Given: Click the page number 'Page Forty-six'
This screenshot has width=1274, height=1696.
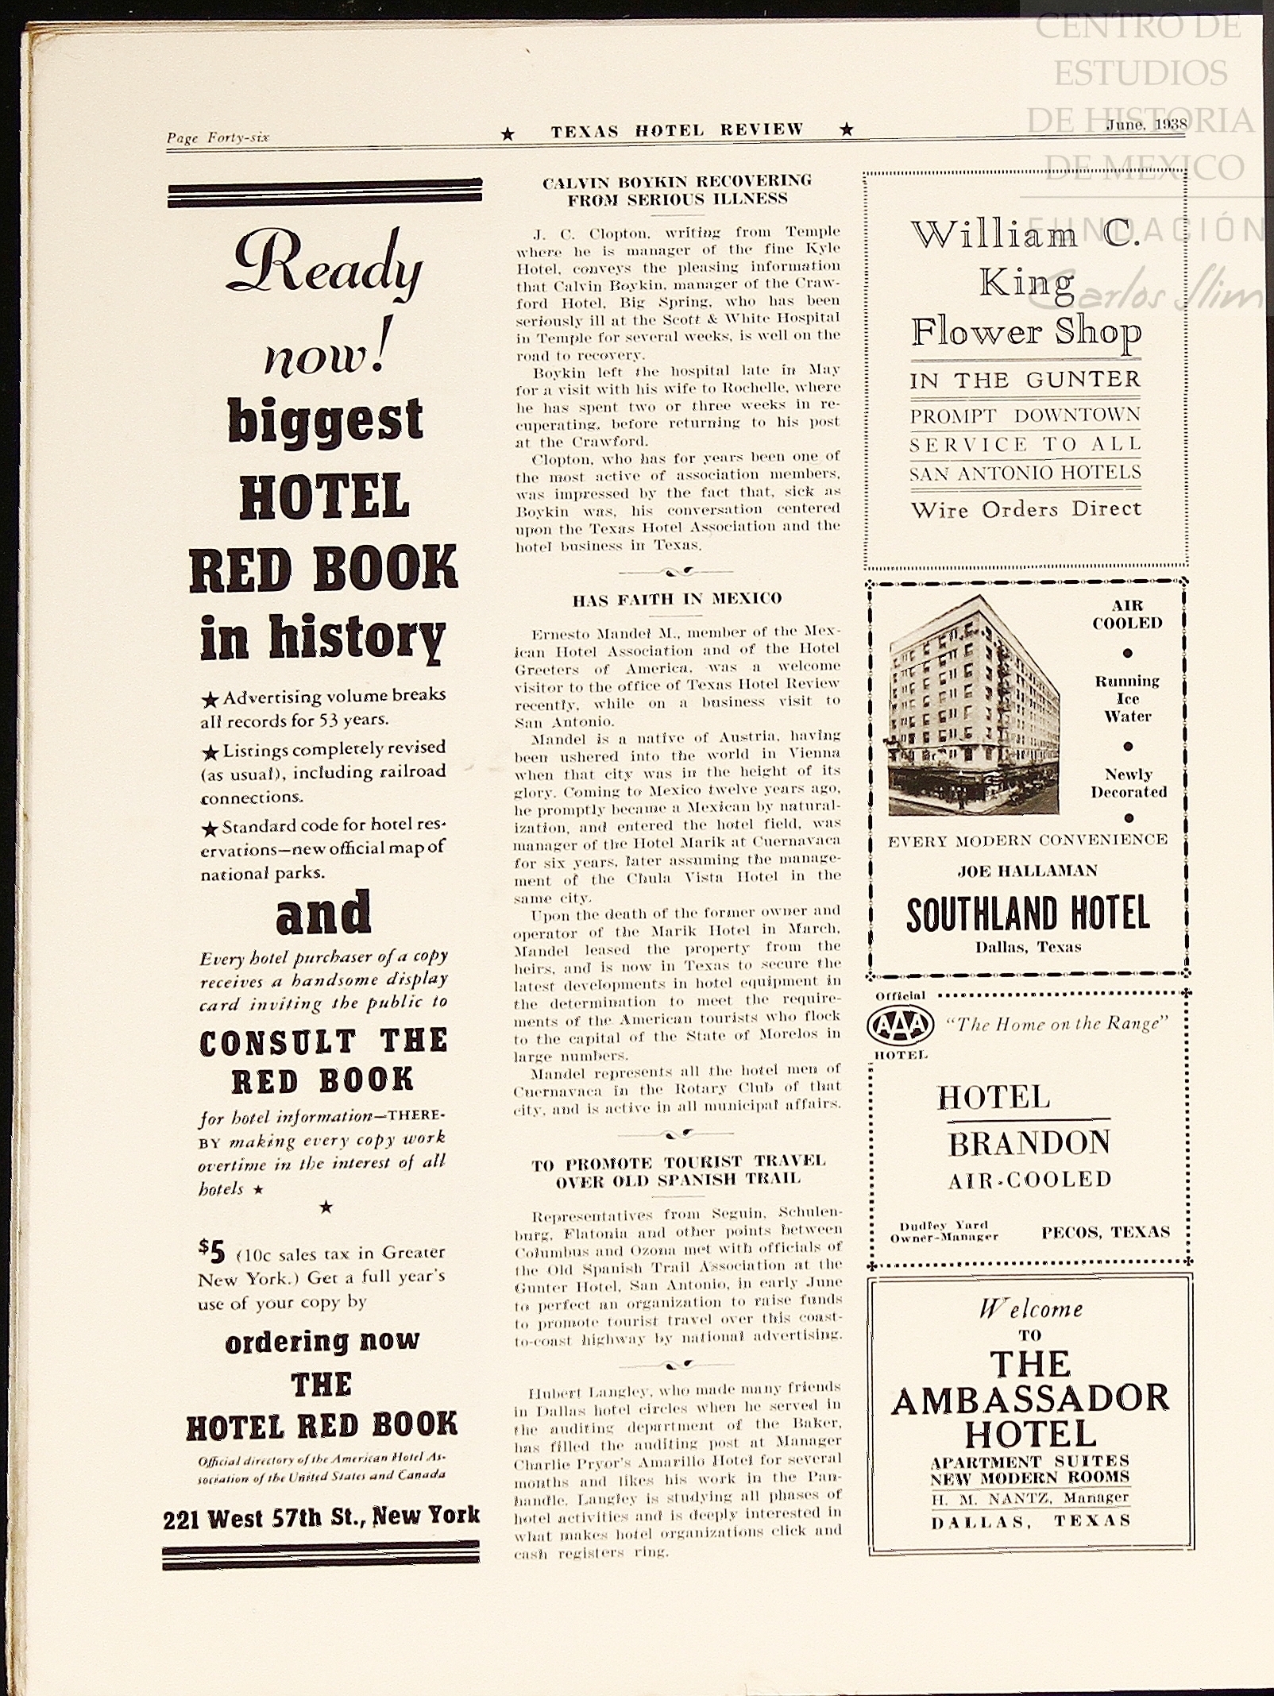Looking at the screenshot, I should click(218, 137).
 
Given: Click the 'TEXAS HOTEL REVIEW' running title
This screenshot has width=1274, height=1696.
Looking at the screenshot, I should click(677, 131).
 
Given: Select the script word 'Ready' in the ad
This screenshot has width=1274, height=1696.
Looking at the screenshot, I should click(324, 266).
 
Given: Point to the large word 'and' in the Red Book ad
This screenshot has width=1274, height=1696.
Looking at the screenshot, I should click(323, 914).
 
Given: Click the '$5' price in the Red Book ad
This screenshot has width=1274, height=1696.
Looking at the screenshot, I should click(211, 1252).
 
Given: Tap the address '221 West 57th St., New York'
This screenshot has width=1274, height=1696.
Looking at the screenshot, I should click(321, 1518).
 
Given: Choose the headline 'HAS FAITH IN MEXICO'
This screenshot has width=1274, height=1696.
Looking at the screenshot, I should click(677, 599).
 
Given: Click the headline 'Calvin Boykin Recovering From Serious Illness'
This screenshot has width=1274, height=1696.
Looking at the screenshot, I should click(677, 191).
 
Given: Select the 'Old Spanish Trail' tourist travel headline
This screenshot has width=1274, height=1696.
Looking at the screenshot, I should click(678, 1172).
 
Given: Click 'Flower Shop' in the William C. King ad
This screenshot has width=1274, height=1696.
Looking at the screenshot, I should click(1025, 332).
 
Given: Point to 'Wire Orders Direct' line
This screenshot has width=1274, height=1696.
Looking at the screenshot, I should click(1025, 509).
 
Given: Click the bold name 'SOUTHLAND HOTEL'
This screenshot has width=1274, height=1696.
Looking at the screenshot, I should click(1028, 914).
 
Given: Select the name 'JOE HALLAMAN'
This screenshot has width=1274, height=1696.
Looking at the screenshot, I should click(1027, 871).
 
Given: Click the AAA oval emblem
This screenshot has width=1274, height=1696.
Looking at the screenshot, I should click(901, 1025).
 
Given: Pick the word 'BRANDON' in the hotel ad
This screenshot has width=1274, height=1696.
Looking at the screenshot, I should click(1029, 1144).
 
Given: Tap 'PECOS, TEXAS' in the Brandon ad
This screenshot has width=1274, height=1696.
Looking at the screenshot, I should click(1106, 1232).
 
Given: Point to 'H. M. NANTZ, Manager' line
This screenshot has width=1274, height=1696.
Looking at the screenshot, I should click(1030, 1497).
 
